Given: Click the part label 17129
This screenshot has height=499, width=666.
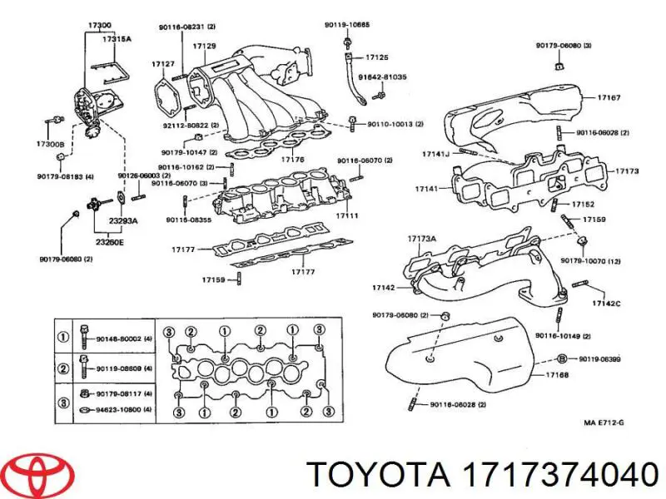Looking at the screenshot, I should tap(206, 45).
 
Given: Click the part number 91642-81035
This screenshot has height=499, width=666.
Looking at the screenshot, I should tap(382, 77).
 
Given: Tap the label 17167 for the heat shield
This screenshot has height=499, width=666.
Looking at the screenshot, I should tap(609, 97).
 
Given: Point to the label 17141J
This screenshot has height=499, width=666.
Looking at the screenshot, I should tap(435, 153).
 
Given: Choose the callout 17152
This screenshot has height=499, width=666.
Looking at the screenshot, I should tap(583, 204).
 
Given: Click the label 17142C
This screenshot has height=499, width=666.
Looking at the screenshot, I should tap(606, 303).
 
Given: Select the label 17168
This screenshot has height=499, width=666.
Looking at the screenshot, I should tap(557, 375).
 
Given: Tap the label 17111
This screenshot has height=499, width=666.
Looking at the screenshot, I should tap(347, 215).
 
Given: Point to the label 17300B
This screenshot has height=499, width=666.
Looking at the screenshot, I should tap(50, 145).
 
